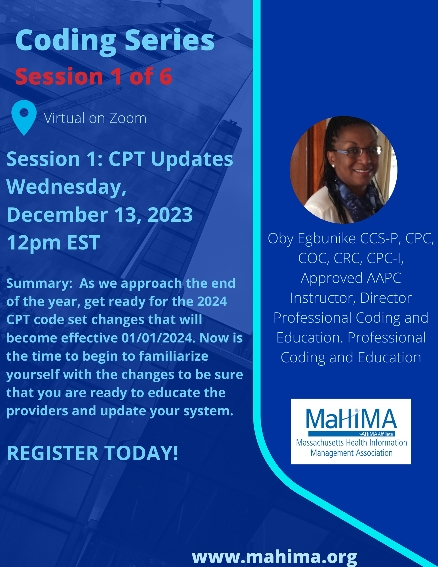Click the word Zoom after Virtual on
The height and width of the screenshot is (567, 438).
click(128, 118)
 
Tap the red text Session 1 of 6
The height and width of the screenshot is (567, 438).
click(94, 76)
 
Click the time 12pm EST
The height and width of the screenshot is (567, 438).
click(53, 243)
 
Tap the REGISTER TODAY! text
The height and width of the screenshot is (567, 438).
click(93, 453)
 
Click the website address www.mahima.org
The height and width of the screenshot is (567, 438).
click(274, 557)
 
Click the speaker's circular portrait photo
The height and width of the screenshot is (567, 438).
click(343, 170)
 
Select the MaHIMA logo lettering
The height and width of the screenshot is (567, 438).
click(351, 419)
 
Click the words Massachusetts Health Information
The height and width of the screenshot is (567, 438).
click(352, 443)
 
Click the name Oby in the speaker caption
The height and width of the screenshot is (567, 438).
click(281, 239)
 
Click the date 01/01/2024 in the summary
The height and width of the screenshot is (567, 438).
click(158, 338)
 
